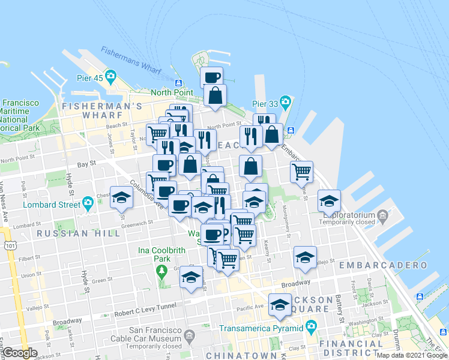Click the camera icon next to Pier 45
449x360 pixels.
(x=110, y=76)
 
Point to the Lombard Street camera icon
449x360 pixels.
(x=88, y=204)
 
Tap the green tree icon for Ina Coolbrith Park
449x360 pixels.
(x=161, y=272)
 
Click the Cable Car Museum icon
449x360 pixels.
(x=190, y=334)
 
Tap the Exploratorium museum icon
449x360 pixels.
(x=382, y=215)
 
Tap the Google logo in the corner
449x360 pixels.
(x=20, y=353)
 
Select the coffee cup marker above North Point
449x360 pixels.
(x=212, y=77)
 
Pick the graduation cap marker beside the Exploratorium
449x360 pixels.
(x=330, y=202)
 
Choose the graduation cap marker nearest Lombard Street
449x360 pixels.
(x=122, y=198)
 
